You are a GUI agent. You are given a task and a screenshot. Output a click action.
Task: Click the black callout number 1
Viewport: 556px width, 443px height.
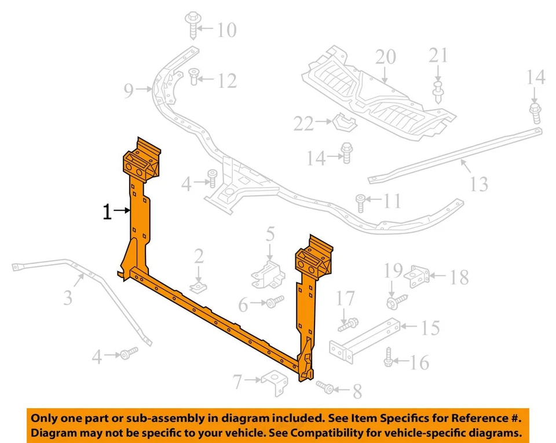(107, 212)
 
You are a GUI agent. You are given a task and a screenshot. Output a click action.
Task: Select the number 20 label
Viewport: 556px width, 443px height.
(385, 57)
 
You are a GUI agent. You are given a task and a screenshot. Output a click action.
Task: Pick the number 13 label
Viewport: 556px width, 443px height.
(479, 184)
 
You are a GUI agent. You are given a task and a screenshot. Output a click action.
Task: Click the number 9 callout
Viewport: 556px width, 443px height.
(129, 90)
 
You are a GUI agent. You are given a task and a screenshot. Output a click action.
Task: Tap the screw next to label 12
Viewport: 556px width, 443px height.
(195, 76)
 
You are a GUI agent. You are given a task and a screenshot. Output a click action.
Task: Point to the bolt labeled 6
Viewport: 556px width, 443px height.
(275, 302)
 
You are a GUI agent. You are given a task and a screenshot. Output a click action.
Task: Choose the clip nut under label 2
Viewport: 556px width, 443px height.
(199, 287)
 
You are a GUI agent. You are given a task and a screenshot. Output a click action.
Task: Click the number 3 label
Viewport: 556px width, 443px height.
(68, 298)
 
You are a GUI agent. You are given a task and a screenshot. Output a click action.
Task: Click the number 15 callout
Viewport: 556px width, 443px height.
(430, 328)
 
